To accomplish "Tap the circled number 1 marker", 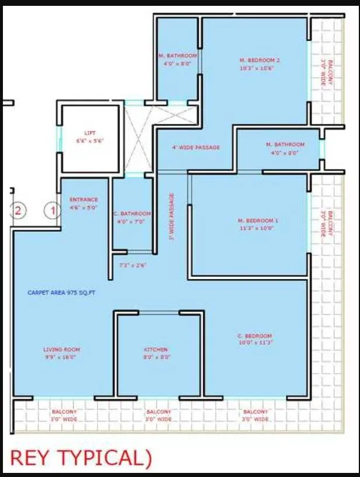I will tap(53, 210).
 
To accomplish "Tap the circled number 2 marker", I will tap(18, 210).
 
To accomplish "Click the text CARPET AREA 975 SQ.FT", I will tap(61, 292).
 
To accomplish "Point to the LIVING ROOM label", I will tap(61, 350).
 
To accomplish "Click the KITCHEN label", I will tap(155, 350).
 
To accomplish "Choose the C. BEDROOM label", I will tap(255, 336).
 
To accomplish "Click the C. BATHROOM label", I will tap(131, 214).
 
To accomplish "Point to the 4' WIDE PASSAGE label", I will tap(197, 147).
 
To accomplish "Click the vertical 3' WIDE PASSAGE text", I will tap(172, 217).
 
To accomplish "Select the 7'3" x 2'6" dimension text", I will tap(132, 266).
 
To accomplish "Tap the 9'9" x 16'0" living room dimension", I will tap(61, 357).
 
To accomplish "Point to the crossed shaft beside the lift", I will tap(139, 138).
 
